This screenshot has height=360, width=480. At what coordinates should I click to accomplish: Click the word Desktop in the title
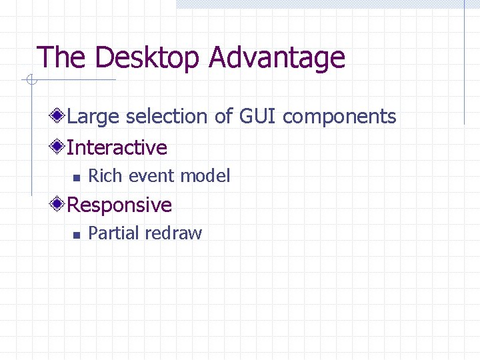point(147,58)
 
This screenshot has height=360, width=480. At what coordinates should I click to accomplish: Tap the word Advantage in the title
point(277,58)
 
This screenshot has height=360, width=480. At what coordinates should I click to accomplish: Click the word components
point(339,117)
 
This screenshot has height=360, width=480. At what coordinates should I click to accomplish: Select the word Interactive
point(117,147)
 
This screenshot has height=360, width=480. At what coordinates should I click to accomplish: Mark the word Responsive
point(120,205)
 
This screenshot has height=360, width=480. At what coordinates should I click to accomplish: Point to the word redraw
point(173,233)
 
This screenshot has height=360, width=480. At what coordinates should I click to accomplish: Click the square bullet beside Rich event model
point(77,177)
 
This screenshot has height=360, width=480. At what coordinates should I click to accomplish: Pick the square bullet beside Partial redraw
point(77,235)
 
